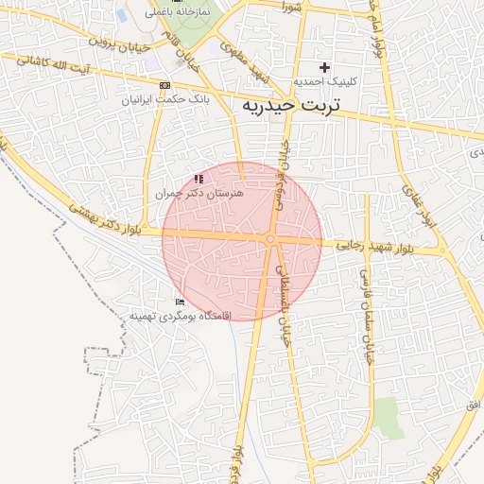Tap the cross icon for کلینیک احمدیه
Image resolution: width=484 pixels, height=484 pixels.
(325, 67)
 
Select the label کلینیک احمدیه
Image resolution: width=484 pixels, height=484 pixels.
(325, 82)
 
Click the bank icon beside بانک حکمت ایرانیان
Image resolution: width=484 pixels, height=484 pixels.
(166, 85)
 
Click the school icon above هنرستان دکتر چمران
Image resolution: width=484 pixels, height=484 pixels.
(199, 178)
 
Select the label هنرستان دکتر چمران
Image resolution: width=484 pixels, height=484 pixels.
(199, 192)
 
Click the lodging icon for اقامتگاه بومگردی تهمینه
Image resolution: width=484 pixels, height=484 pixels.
(180, 302)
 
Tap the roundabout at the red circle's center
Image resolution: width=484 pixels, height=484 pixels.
(270, 239)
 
